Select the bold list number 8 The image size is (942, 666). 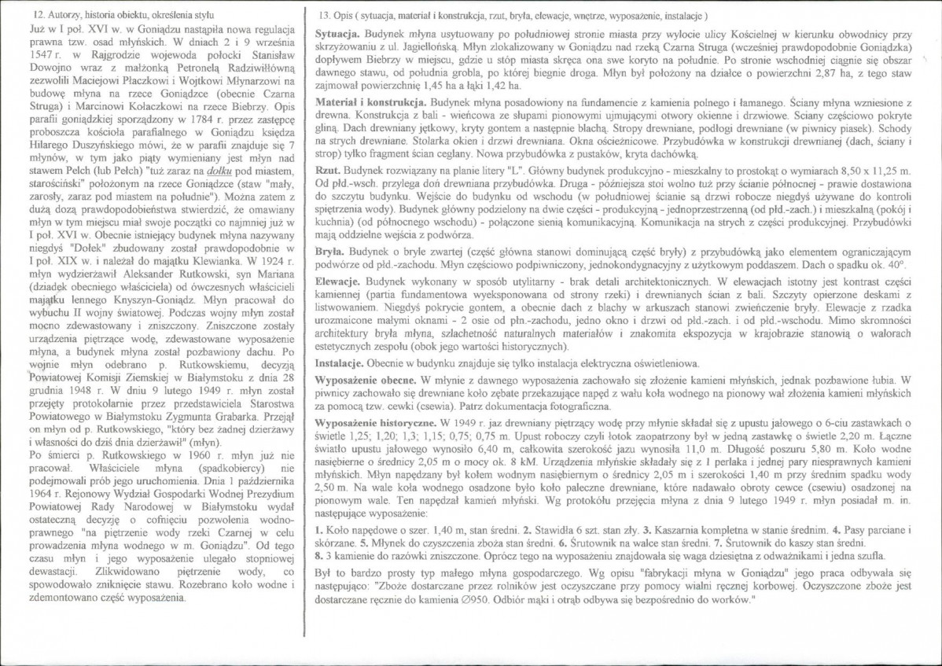318,554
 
